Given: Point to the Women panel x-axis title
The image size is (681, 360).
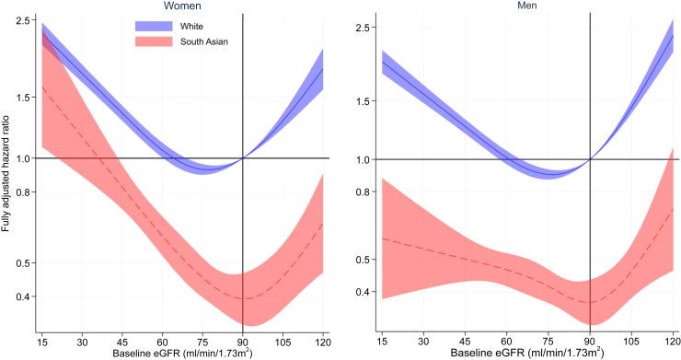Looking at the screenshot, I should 180,354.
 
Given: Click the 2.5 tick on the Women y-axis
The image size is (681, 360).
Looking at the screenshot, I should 24,20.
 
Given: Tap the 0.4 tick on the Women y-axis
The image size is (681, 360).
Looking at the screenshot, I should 24,296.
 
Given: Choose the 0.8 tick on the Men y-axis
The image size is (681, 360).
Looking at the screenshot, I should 365,192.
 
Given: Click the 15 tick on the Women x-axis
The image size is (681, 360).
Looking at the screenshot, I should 41,340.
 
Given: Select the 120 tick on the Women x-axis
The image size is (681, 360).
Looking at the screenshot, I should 323,340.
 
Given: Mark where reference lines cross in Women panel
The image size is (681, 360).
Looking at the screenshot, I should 243,158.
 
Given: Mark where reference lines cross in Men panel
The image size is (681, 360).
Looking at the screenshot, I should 590,159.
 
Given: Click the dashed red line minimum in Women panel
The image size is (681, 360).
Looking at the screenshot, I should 243,299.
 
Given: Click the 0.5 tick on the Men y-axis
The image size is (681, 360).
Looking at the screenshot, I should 365,259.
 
